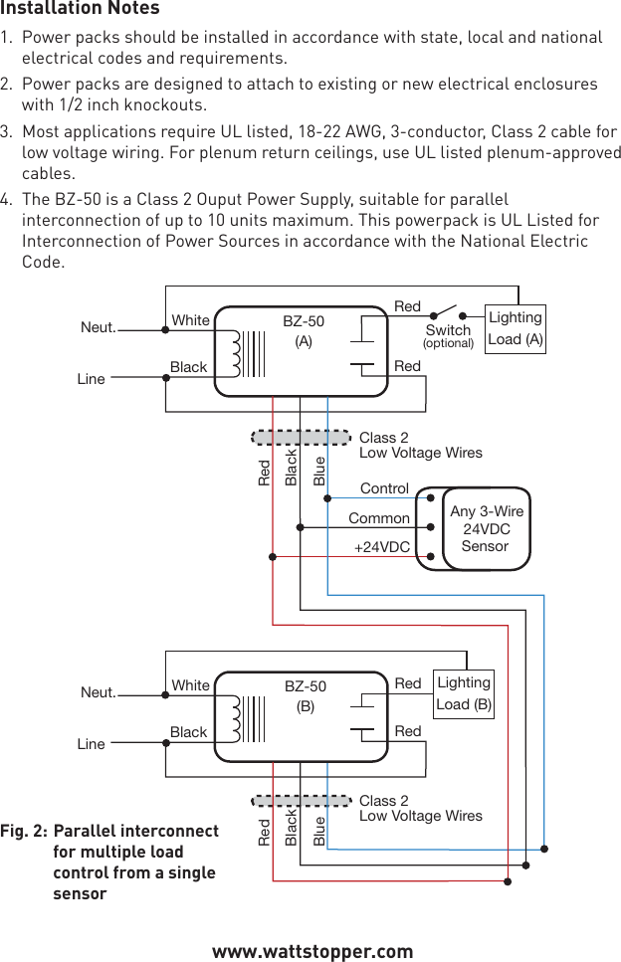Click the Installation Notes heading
click(x=80, y=9)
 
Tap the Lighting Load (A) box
click(x=515, y=328)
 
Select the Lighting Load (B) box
click(x=464, y=693)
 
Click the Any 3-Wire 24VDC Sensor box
click(x=486, y=528)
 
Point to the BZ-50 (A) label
click(x=304, y=330)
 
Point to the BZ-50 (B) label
click(x=305, y=695)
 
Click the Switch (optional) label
click(x=448, y=335)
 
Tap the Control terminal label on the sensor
click(x=384, y=488)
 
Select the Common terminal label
click(x=378, y=518)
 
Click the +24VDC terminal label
click(x=382, y=547)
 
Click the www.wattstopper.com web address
click(x=312, y=951)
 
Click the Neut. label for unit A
click(x=98, y=327)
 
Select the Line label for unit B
click(x=91, y=744)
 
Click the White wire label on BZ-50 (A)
click(x=190, y=320)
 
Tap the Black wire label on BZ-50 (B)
click(x=188, y=732)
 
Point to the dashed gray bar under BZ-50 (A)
click(x=302, y=437)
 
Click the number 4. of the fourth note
click(x=8, y=199)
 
